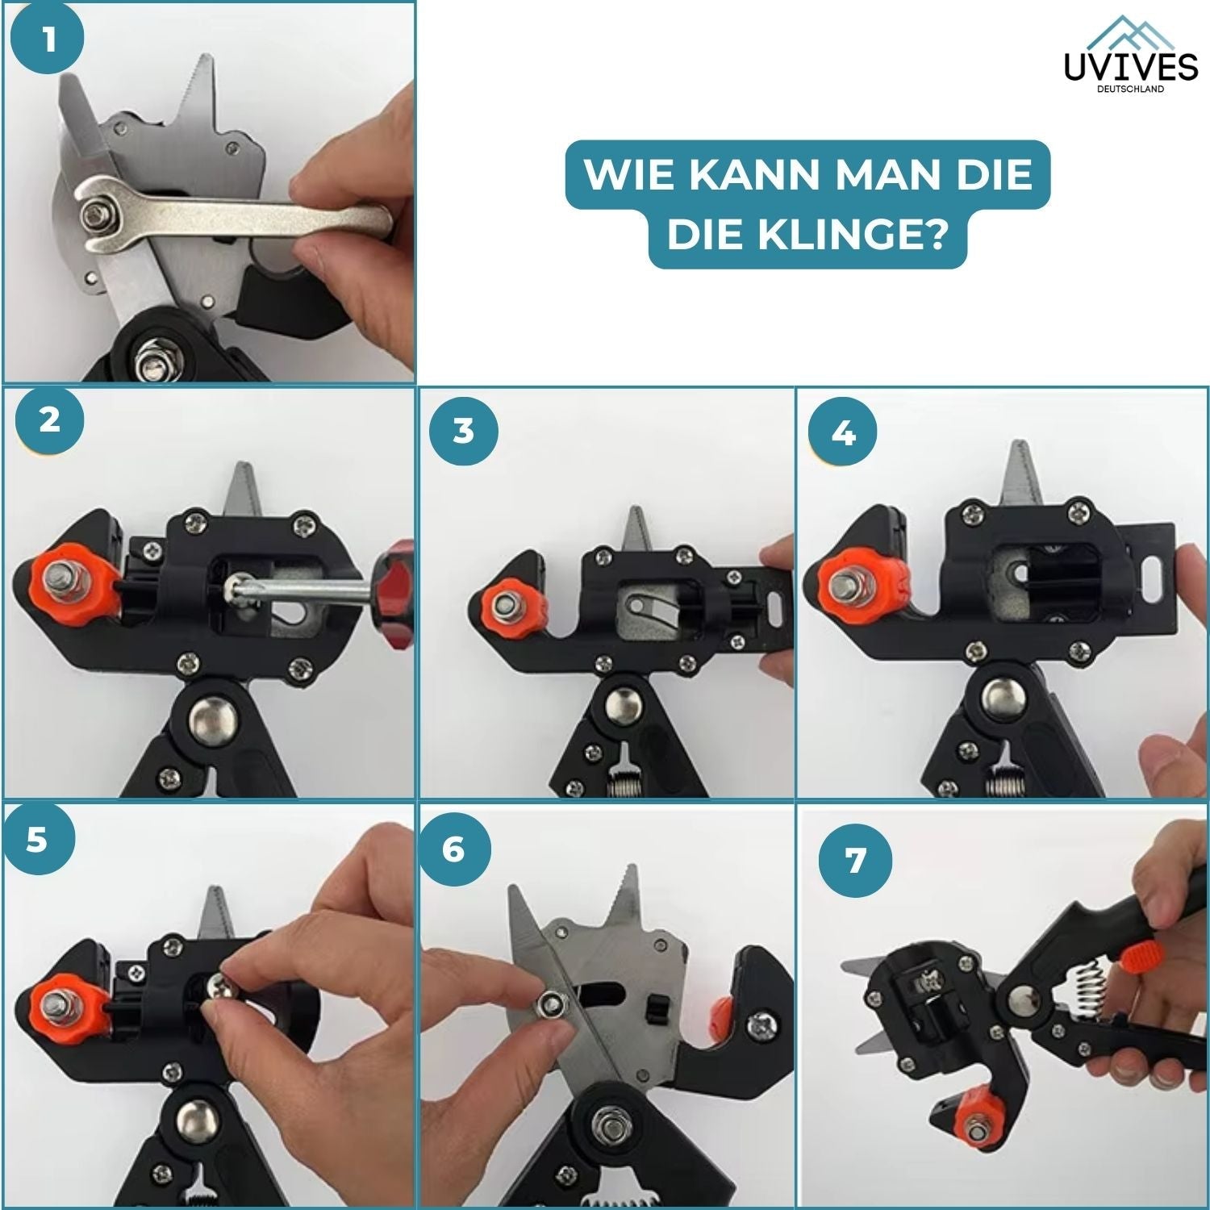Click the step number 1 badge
point(49,39)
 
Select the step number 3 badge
point(463,431)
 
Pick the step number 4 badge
point(843,434)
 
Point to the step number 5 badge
point(37,840)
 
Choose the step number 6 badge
point(453,850)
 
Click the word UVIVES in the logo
point(1131,68)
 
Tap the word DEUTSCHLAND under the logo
point(1131,90)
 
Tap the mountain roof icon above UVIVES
point(1131,32)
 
